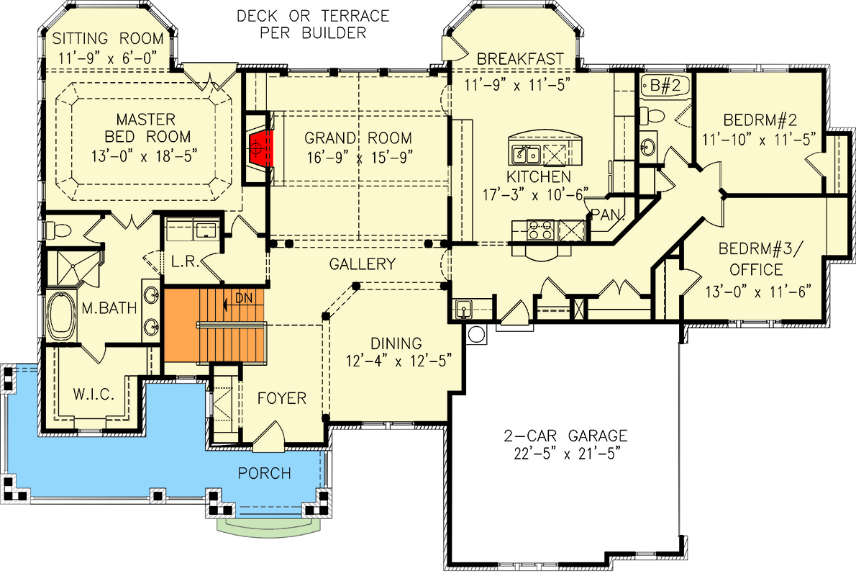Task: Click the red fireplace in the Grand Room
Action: pyautogui.click(x=261, y=147)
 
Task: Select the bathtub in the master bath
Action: pyautogui.click(x=63, y=316)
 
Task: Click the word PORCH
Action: pyautogui.click(x=265, y=473)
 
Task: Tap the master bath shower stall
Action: pyautogui.click(x=73, y=265)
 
